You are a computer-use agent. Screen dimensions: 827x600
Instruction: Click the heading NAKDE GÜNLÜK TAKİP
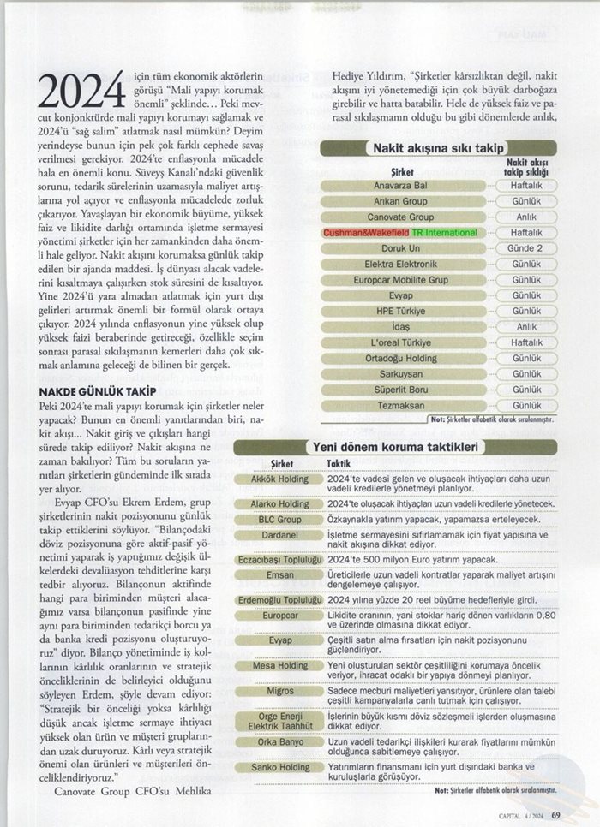(x=91, y=391)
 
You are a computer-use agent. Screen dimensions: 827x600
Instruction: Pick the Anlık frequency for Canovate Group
(x=525, y=217)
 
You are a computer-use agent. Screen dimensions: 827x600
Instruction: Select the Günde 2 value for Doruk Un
(x=525, y=248)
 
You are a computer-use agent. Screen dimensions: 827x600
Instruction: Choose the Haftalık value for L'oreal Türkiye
(x=525, y=342)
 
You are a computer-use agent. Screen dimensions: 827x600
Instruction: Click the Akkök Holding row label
(x=277, y=479)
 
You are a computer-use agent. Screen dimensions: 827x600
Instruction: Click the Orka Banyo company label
(x=277, y=741)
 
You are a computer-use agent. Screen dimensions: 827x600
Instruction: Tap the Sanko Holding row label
(x=277, y=767)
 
